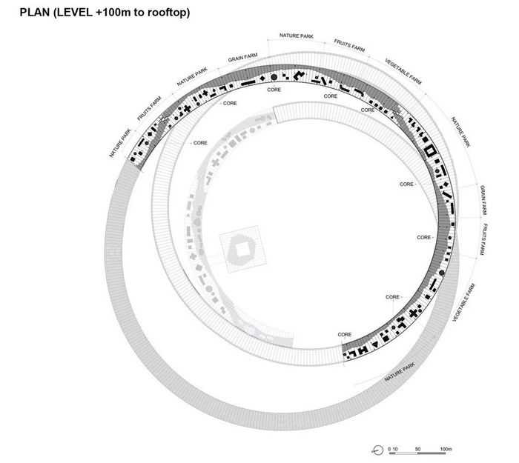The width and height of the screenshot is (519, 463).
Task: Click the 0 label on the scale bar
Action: [x=389, y=449]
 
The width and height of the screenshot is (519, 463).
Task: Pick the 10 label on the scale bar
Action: [x=395, y=449]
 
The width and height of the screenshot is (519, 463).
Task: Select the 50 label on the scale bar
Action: [x=417, y=449]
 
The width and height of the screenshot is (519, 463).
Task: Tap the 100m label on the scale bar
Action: [x=446, y=449]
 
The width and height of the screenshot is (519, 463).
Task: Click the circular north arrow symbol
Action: [x=377, y=450]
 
